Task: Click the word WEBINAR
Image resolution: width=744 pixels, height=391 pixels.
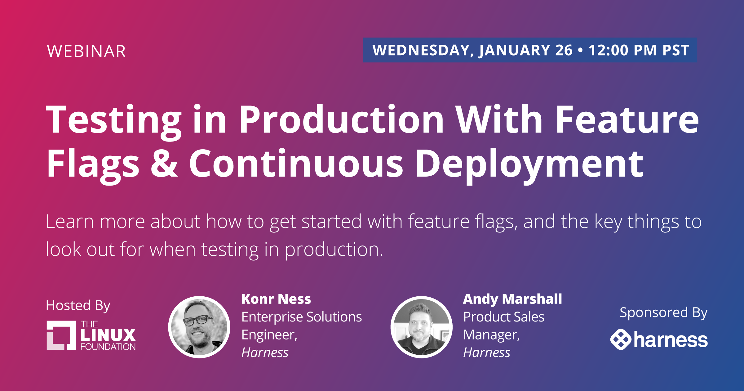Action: (86, 51)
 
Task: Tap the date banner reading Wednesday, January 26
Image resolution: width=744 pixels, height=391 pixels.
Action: (530, 50)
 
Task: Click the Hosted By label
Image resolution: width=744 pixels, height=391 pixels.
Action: (78, 306)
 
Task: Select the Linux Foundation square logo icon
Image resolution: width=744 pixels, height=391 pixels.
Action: (61, 335)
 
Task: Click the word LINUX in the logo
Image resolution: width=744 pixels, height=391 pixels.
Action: (108, 335)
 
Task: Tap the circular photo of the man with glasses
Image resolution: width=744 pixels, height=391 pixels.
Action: (199, 327)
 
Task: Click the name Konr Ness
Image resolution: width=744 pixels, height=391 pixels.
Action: (276, 299)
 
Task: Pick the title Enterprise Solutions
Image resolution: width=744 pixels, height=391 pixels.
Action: (302, 317)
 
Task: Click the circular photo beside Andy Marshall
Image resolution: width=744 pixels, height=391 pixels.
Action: (421, 327)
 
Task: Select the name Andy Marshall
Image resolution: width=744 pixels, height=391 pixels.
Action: (512, 299)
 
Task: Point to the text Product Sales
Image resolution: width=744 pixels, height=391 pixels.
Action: (504, 317)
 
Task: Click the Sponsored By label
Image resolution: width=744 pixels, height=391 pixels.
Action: (663, 313)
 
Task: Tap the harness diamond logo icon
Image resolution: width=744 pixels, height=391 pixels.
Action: (621, 339)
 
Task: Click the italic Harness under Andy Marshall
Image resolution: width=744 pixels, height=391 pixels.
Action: (487, 353)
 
